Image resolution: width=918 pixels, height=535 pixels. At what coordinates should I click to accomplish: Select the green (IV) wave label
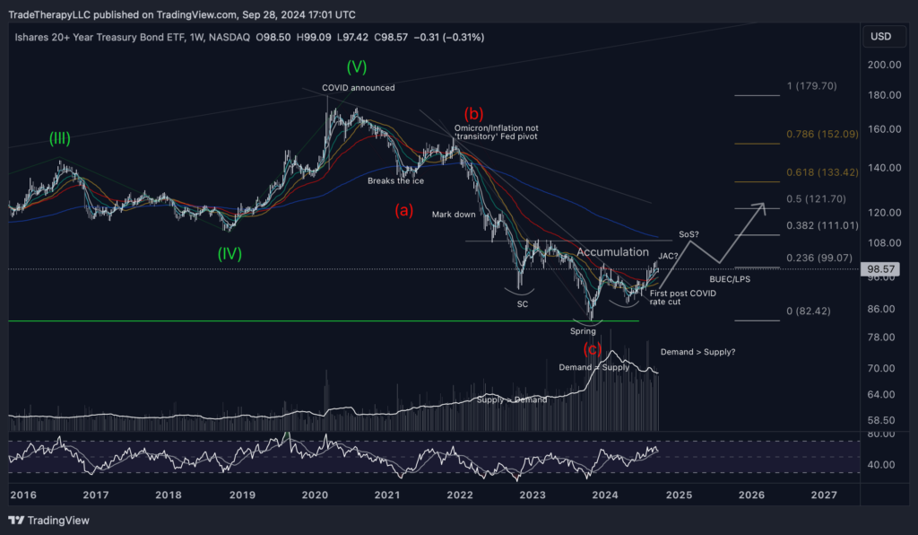(x=229, y=254)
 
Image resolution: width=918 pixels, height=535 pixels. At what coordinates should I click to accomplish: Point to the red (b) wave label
(x=473, y=114)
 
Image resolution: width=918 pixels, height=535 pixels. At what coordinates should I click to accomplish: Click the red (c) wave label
(x=593, y=348)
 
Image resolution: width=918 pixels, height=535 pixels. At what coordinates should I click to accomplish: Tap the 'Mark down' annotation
(x=453, y=215)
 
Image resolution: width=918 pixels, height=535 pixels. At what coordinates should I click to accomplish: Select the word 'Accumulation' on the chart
(x=612, y=252)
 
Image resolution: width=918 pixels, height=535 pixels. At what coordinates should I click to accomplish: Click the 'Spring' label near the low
(x=584, y=331)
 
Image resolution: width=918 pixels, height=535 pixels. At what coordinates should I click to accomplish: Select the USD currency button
(x=880, y=37)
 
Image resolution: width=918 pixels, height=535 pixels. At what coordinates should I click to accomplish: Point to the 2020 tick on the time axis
(x=314, y=495)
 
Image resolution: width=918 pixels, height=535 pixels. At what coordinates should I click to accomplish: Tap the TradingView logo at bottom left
(x=50, y=521)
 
